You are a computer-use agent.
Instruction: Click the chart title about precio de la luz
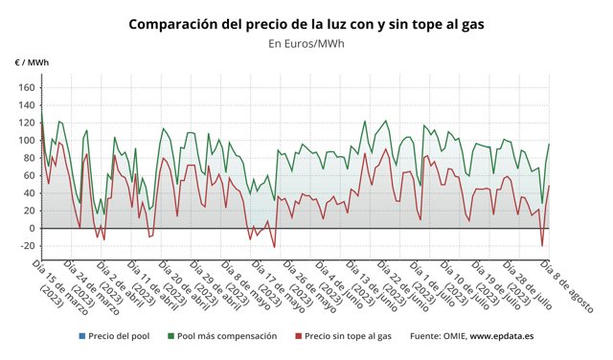tap(306, 22)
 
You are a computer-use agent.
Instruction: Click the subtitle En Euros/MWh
tap(306, 43)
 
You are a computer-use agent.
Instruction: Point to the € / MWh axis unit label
tap(32, 62)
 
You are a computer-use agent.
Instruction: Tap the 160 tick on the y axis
tap(26, 88)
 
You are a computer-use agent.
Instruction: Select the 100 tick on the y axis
tap(26, 141)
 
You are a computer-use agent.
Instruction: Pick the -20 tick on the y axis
tap(25, 246)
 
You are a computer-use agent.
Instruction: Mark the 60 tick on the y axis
tap(29, 175)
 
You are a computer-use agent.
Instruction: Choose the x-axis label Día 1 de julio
tap(440, 284)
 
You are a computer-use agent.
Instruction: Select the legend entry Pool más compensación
tap(226, 336)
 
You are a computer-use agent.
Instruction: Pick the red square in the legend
tap(298, 336)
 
